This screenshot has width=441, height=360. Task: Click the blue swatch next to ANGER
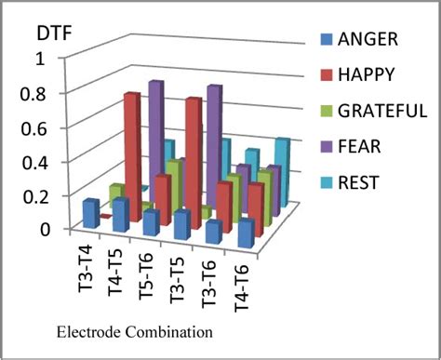click(x=325, y=40)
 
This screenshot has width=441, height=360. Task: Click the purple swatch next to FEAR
click(x=325, y=147)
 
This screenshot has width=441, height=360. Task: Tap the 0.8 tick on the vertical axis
click(x=44, y=94)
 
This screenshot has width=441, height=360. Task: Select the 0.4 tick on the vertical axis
click(x=44, y=162)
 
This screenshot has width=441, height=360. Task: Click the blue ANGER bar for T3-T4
click(x=91, y=213)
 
